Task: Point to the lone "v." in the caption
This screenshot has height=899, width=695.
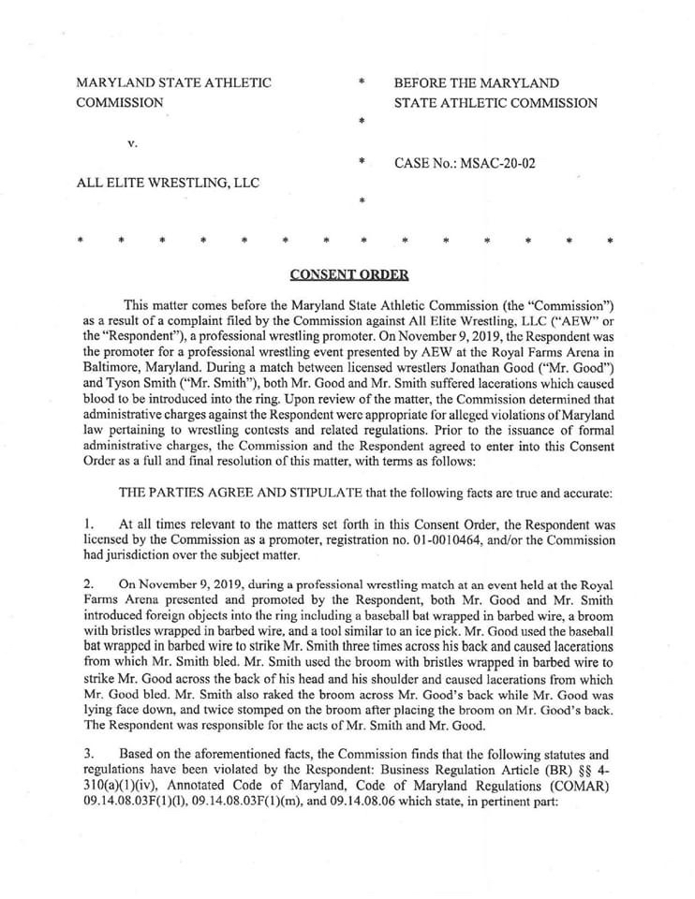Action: click(133, 143)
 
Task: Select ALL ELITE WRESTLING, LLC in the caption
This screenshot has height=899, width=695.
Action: click(167, 183)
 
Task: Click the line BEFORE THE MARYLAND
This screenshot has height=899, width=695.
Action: click(476, 83)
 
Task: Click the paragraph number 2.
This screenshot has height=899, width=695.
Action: click(81, 582)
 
